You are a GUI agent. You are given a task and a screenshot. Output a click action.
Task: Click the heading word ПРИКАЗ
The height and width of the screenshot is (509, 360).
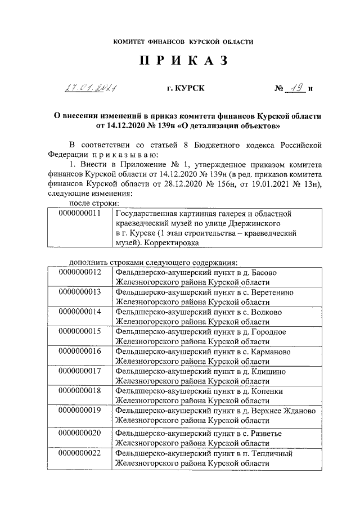tap(183, 62)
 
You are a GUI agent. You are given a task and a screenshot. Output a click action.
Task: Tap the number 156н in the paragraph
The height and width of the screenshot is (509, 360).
tap(254, 183)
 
